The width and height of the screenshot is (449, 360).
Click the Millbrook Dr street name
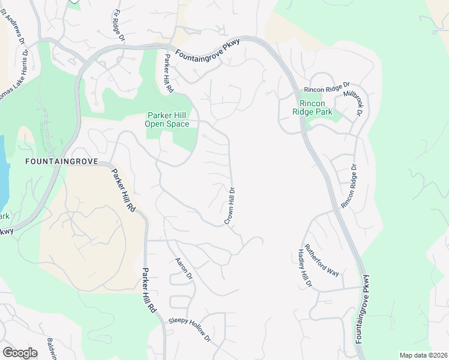tap(353, 103)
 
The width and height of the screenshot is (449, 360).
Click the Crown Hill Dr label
tap(229, 206)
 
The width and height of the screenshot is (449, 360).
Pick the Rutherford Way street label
tap(322, 260)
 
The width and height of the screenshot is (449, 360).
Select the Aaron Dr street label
tap(183, 269)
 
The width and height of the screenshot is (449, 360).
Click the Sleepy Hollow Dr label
tap(190, 329)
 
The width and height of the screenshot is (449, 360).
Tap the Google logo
tap(20, 353)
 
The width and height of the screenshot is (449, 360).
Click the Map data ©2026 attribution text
tap(423, 355)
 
